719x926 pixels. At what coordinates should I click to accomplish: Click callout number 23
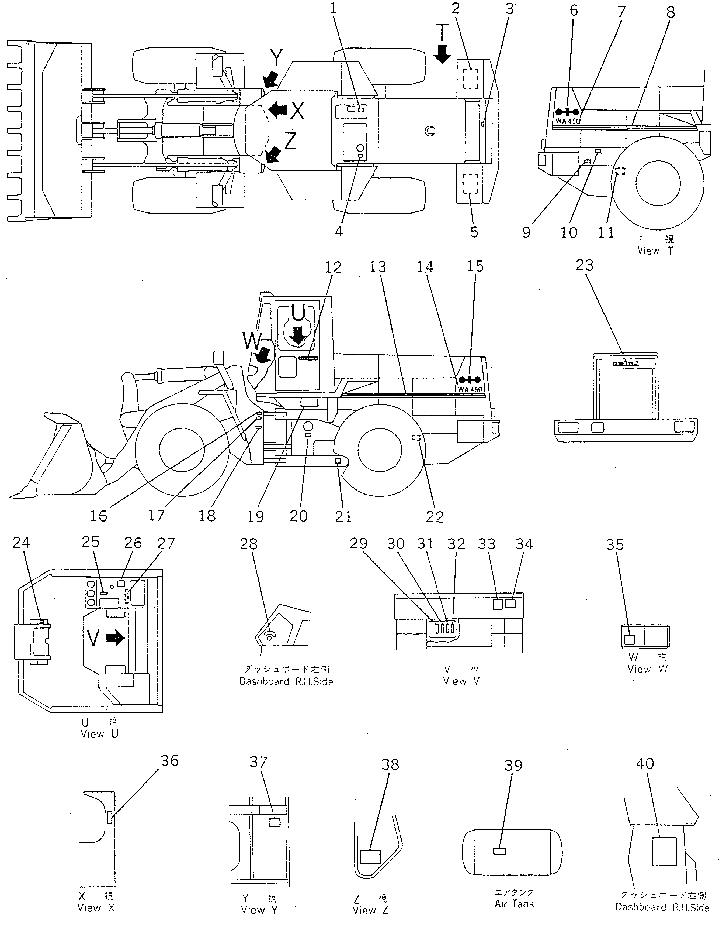pyautogui.click(x=584, y=266)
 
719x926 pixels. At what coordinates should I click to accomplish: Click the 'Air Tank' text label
pyautogui.click(x=514, y=904)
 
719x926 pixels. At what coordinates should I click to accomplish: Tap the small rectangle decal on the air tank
pyautogui.click(x=500, y=851)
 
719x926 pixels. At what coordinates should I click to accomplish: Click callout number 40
pyautogui.click(x=645, y=764)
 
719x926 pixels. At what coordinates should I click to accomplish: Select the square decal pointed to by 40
pyautogui.click(x=664, y=851)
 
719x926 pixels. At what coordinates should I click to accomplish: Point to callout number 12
pyautogui.click(x=333, y=267)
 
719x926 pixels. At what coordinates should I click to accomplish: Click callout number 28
pyautogui.click(x=248, y=544)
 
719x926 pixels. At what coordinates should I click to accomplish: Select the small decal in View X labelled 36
pyautogui.click(x=110, y=817)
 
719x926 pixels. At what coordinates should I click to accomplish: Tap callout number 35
pyautogui.click(x=614, y=545)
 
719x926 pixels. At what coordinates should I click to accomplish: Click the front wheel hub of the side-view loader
pyautogui.click(x=182, y=451)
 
